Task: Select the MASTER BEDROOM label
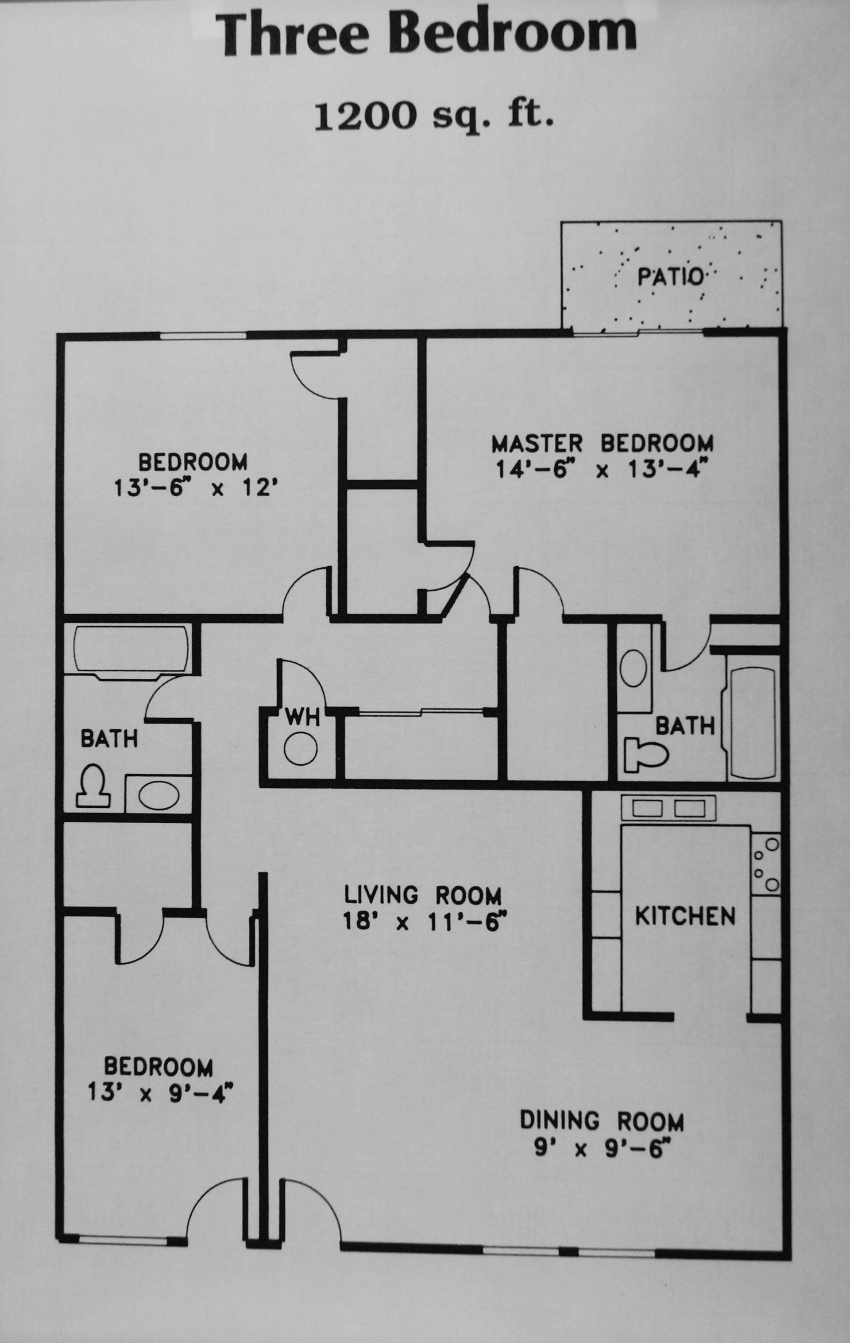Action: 602,444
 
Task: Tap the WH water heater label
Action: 302,718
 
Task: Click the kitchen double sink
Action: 668,808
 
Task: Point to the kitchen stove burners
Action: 765,864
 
